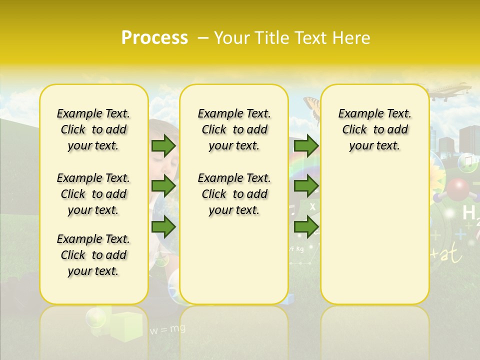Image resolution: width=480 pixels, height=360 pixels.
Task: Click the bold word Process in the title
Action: [154, 37]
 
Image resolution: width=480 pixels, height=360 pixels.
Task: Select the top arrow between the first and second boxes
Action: [163, 145]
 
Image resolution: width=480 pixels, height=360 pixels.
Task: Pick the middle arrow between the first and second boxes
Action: [163, 186]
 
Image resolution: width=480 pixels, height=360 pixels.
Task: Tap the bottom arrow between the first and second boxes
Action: [163, 226]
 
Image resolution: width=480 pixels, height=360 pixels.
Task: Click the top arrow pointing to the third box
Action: [306, 145]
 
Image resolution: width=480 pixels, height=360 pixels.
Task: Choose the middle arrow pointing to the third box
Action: [306, 186]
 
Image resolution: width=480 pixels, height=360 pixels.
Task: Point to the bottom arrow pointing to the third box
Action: [306, 226]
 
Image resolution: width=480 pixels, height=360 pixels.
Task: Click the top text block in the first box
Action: [93, 129]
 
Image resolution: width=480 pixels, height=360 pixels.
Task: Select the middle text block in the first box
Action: [93, 194]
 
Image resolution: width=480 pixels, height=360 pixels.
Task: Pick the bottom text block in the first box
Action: [93, 255]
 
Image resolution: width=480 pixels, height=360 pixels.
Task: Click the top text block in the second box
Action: [234, 129]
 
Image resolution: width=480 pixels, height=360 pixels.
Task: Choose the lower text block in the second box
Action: [234, 194]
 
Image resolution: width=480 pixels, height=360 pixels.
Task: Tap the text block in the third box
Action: [374, 129]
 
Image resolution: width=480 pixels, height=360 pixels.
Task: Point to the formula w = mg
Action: [167, 329]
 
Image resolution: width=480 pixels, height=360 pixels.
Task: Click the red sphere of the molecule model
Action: [457, 189]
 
